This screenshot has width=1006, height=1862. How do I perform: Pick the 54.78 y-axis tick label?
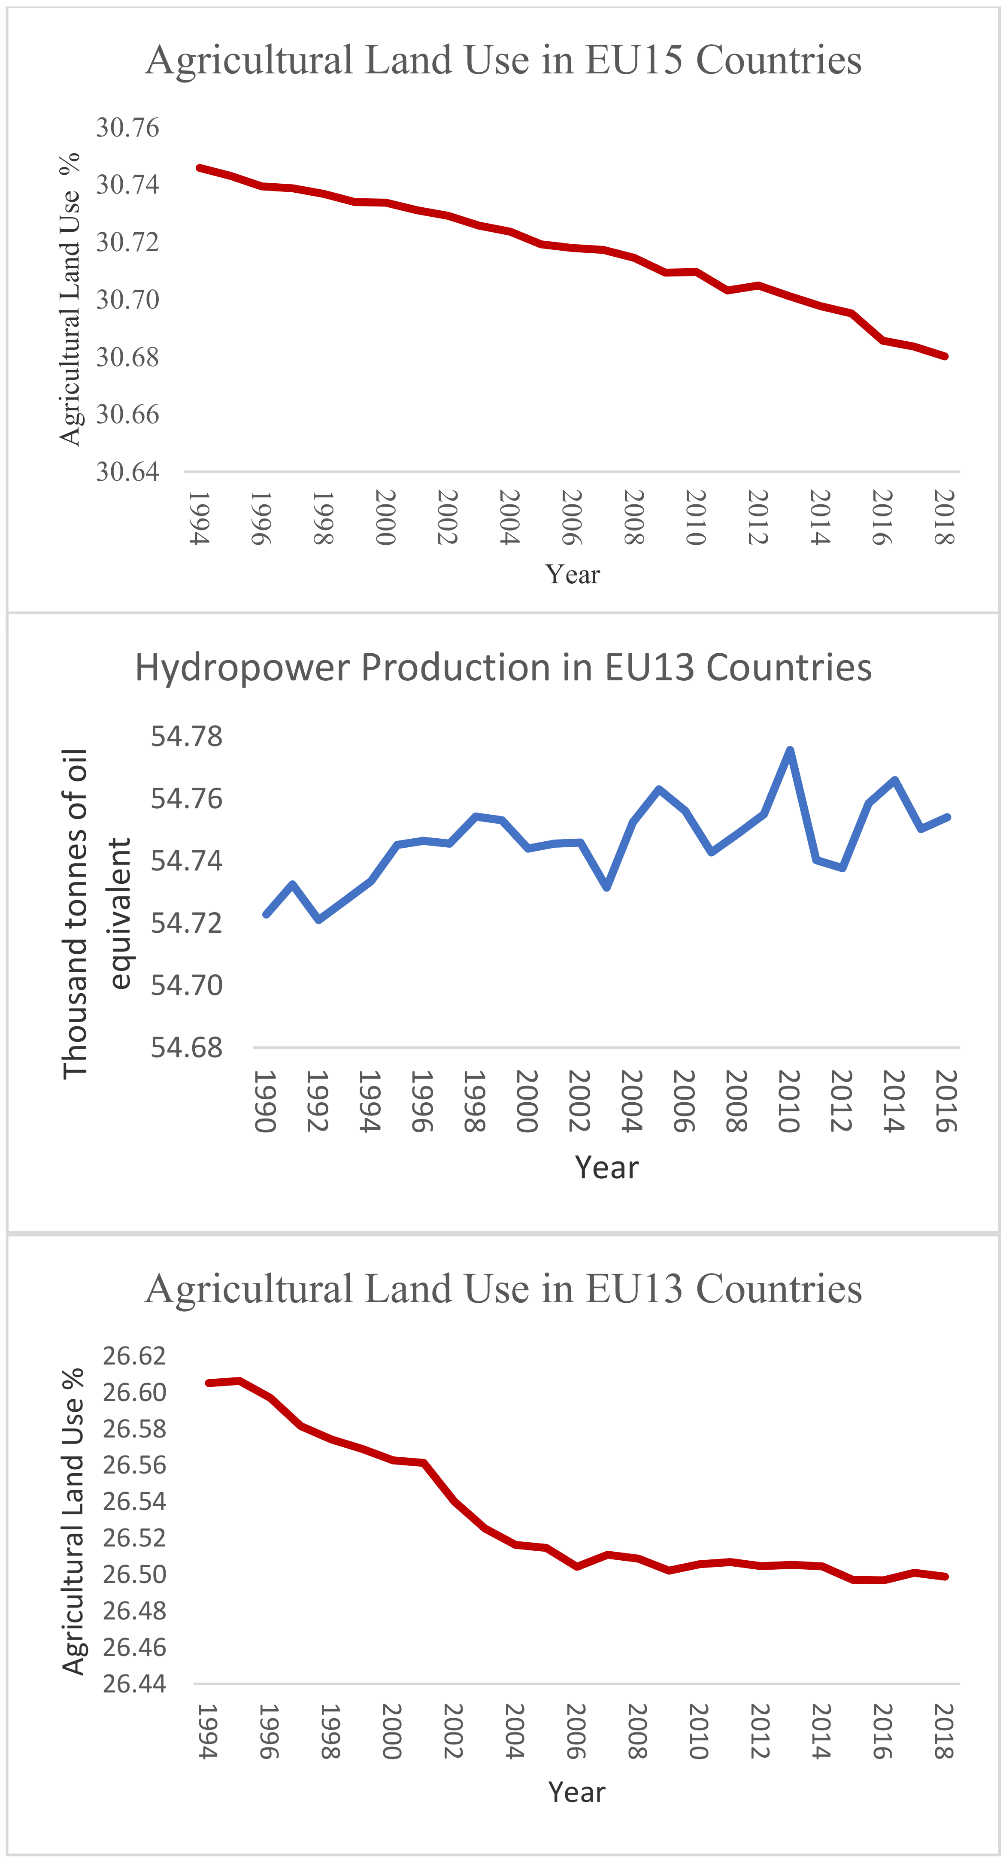(x=186, y=737)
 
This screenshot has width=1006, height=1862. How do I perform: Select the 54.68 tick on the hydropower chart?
(x=186, y=1047)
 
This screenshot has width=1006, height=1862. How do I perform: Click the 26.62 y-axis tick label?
(x=134, y=1356)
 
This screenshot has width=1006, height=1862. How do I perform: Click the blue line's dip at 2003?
(x=607, y=888)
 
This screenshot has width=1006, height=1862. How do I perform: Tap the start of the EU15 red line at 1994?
(x=200, y=168)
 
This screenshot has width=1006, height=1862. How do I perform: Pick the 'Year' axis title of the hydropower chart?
(x=606, y=1168)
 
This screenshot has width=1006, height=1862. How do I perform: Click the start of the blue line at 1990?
(x=266, y=914)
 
